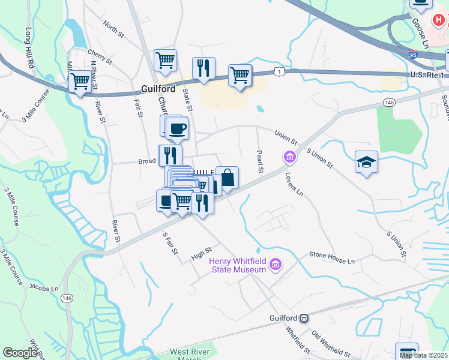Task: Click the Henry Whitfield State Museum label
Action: [x=237, y=265]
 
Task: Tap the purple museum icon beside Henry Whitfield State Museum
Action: [x=276, y=264]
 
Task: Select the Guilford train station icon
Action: [x=304, y=317]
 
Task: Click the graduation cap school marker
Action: [x=366, y=161]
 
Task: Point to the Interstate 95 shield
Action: [x=412, y=55]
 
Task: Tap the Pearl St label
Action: [x=261, y=161]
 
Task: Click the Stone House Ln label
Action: [x=332, y=257]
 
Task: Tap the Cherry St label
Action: [x=100, y=57]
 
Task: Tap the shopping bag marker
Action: [x=228, y=178]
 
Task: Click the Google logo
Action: [x=20, y=353]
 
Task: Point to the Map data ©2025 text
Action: [x=423, y=355]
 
